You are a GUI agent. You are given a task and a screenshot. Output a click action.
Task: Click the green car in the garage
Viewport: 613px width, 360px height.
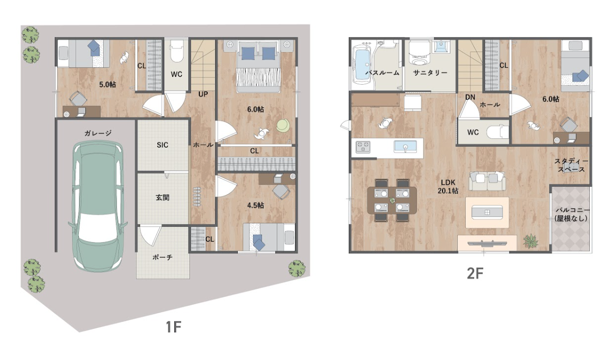tap(98, 206)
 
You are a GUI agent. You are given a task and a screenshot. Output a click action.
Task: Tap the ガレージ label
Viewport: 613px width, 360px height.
tap(98, 133)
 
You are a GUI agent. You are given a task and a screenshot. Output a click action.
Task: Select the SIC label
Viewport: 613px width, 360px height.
tap(162, 145)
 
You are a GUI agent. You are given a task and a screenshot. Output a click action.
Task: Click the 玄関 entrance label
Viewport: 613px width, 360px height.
tap(162, 197)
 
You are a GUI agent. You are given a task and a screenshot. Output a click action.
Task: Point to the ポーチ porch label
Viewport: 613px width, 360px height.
tap(162, 257)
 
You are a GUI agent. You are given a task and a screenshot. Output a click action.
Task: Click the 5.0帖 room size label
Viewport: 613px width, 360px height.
tap(107, 84)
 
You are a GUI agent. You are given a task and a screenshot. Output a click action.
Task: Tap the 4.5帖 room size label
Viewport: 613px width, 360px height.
tap(255, 205)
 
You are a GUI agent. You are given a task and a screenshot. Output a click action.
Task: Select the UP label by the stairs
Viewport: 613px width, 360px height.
tap(203, 94)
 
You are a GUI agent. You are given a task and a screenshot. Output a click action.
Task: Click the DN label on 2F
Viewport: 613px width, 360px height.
tap(470, 97)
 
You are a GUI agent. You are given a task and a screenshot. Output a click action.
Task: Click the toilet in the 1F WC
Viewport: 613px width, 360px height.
tap(176, 52)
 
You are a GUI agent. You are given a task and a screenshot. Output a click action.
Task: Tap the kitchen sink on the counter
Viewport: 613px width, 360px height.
tap(405, 147)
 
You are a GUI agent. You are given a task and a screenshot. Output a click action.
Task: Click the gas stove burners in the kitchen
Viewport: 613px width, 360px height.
tap(363, 147)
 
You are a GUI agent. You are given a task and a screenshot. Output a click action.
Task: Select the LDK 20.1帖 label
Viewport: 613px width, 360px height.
tap(448, 186)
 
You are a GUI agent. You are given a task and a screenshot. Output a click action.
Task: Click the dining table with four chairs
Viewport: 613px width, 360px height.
tap(392, 200)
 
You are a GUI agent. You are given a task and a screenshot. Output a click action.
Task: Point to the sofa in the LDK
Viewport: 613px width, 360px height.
tap(487, 180)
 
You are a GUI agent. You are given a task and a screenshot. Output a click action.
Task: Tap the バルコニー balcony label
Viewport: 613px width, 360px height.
tap(571, 214)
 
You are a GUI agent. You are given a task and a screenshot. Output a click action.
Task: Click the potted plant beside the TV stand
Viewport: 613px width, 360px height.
tap(530, 241)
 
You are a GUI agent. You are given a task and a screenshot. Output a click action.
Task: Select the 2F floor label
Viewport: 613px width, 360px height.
tap(475, 273)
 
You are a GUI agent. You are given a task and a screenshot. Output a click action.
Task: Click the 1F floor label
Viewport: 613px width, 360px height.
tap(173, 327)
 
